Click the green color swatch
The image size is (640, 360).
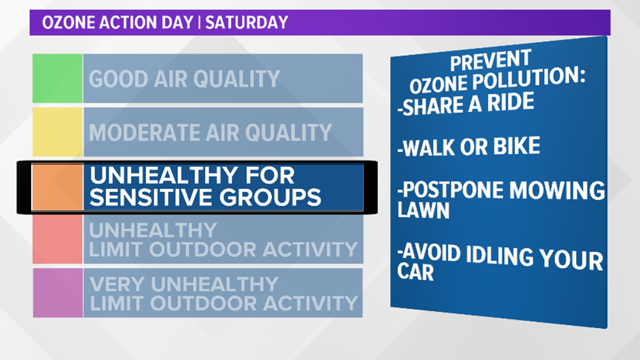pyautogui.click(x=58, y=79)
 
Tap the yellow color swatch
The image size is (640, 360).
pyautogui.click(x=58, y=132)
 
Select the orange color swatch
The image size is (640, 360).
pyautogui.click(x=58, y=187)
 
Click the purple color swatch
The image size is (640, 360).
pyautogui.click(x=58, y=293)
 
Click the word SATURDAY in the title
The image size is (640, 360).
pyautogui.click(x=246, y=22)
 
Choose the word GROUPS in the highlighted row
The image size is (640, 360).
pyautogui.click(x=270, y=198)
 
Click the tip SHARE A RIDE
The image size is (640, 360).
pyautogui.click(x=466, y=104)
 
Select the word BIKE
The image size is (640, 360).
pyautogui.click(x=516, y=147)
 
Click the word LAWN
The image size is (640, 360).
pyautogui.click(x=423, y=210)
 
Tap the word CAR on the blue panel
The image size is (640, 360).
pyautogui.click(x=415, y=271)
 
